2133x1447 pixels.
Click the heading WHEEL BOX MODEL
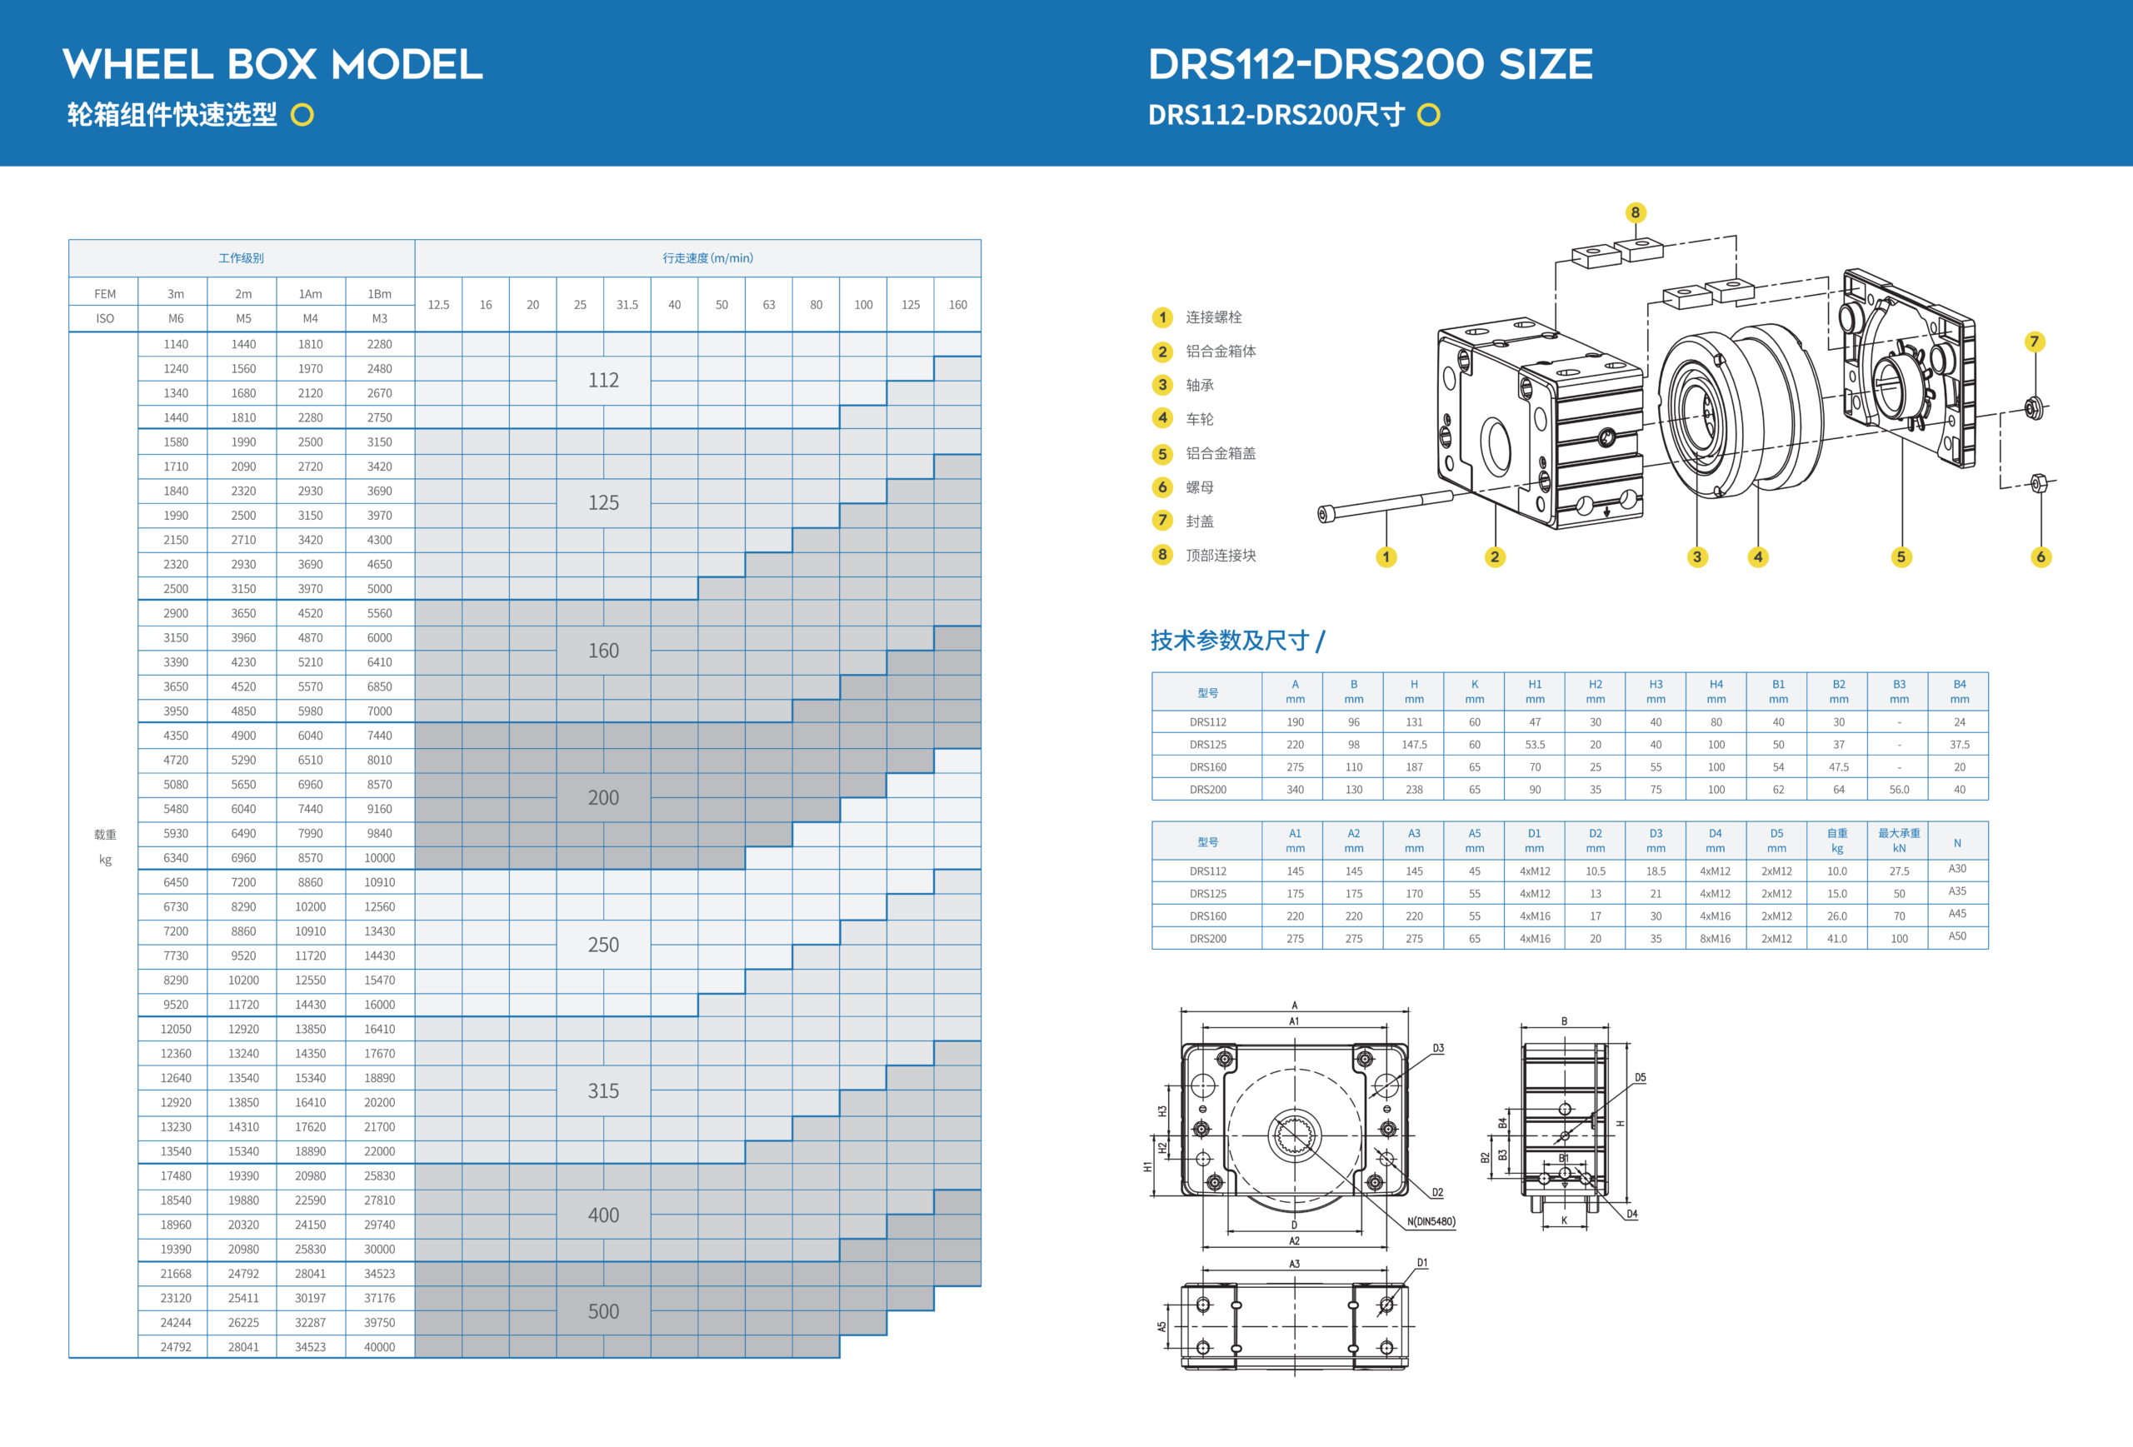coord(272,64)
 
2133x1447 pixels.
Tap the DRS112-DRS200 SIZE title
coord(1371,64)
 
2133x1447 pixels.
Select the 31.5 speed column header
coord(627,305)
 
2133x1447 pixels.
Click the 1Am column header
coord(310,293)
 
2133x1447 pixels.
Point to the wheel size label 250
coord(603,944)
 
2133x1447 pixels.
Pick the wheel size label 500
coord(603,1311)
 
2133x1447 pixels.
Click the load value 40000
coord(379,1347)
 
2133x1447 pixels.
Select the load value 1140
coord(175,344)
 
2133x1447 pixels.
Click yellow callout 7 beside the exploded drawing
coord(2034,342)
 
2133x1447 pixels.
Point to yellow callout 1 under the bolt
coord(1386,557)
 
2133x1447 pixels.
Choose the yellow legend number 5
coord(1162,453)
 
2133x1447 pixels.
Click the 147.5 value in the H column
coord(1413,744)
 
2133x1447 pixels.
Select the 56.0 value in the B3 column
coord(1898,789)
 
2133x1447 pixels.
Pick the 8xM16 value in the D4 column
coord(1715,939)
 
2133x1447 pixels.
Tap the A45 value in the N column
coord(1957,914)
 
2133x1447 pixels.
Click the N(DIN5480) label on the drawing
coord(1431,1221)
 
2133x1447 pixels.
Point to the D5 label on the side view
coord(1640,1077)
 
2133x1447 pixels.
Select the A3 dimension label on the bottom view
coord(1294,1264)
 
